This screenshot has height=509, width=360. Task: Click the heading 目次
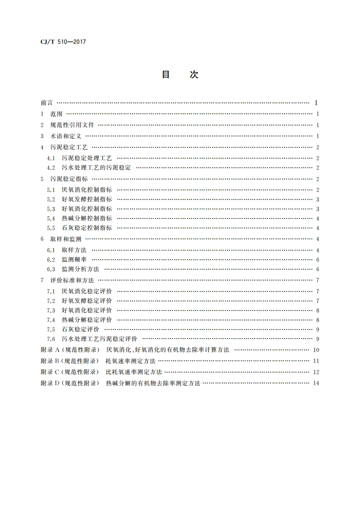pos(180,75)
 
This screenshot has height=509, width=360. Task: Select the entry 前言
pos(47,103)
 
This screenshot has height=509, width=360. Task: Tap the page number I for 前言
pos(316,103)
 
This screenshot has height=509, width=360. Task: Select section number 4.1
pos(51,158)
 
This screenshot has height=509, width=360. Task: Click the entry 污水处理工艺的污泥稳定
pos(96,167)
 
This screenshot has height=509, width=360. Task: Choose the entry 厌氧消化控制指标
pos(87,189)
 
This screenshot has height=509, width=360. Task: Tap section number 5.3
pos(51,208)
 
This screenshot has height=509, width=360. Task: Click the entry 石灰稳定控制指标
pos(87,228)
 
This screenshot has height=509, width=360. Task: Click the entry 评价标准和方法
pos(72,280)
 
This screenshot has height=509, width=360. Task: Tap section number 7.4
pos(51,320)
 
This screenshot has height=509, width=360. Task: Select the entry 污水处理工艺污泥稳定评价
pos(99,339)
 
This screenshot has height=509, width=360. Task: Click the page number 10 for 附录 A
pos(316,350)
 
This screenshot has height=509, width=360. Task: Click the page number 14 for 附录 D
pos(316,383)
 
